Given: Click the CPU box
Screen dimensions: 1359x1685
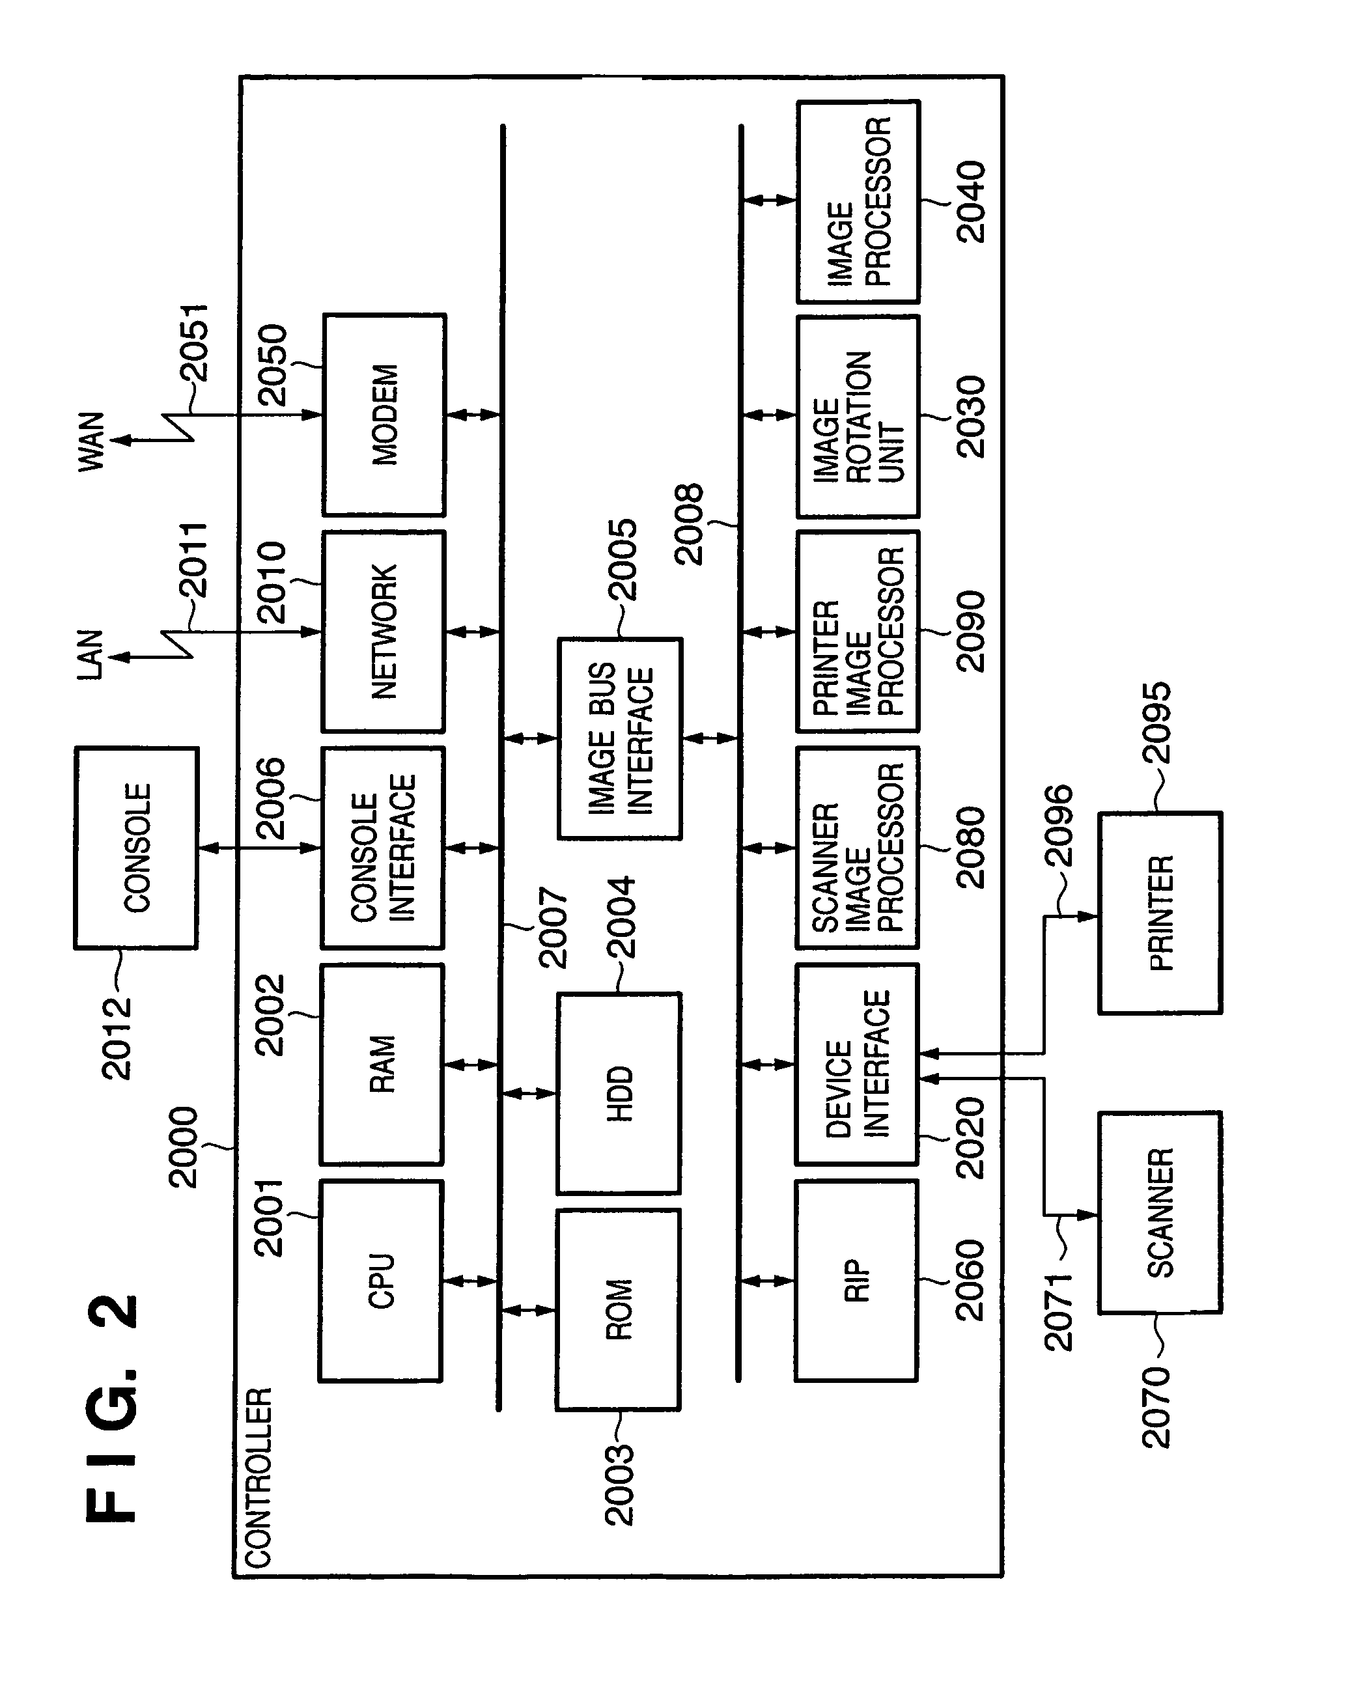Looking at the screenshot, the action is coord(381,1281).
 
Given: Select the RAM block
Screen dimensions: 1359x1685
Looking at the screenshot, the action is coord(382,1065).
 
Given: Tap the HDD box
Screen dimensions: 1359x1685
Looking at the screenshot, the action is coord(619,1093).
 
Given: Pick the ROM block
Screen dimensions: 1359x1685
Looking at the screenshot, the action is coord(619,1310).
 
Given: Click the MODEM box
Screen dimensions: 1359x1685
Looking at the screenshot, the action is coord(384,415).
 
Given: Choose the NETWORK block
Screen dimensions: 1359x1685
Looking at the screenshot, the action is coord(384,632).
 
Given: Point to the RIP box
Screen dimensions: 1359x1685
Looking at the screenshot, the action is coord(856,1281).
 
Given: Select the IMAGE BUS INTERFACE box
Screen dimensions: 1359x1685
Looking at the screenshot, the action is coord(620,739).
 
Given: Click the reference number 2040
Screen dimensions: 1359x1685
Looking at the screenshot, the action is coord(972,202).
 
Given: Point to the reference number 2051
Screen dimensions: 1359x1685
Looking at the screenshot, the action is coord(193,342).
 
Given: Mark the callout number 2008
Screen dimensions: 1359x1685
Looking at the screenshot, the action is coord(689,524).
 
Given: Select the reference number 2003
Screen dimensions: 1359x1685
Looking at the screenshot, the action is coord(619,1484).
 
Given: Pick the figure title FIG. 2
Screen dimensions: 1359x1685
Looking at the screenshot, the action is coord(111,1409).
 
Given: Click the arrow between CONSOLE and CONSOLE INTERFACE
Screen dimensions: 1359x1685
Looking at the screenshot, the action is coord(260,848).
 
